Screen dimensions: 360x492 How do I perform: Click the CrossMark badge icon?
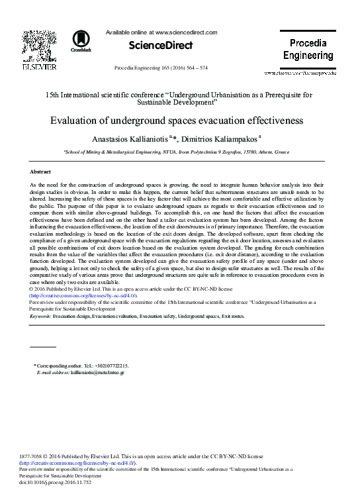point(83,40)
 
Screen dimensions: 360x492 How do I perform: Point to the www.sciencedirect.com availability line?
point(161,31)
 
